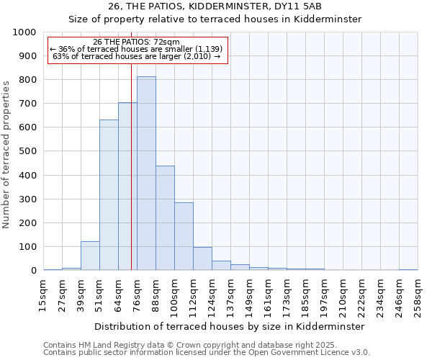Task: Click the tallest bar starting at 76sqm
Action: click(x=146, y=173)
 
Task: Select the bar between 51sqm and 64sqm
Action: click(x=109, y=194)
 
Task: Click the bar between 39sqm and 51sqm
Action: click(x=90, y=256)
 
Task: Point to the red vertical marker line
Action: click(x=131, y=166)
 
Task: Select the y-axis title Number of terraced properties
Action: click(x=6, y=154)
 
